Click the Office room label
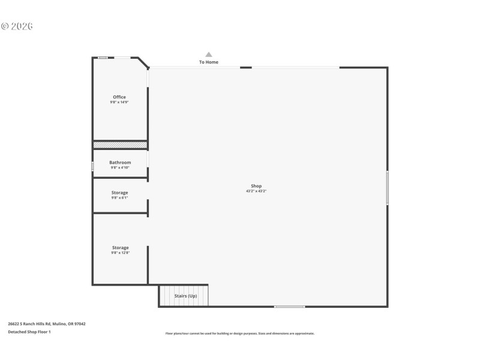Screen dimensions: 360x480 tap(119, 97)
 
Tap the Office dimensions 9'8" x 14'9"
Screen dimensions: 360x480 tap(119, 102)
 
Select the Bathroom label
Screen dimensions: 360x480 tap(120, 163)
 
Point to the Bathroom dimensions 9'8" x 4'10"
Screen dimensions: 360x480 tap(120, 167)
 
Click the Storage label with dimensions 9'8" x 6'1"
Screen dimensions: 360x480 tap(119, 193)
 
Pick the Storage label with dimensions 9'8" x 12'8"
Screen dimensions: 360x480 tap(120, 248)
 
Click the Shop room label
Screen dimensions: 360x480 tap(256, 186)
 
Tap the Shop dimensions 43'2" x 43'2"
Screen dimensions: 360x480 tap(256, 191)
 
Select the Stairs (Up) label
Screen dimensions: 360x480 tap(185, 296)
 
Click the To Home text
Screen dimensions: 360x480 tap(209, 62)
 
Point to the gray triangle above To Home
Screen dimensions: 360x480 tap(209, 55)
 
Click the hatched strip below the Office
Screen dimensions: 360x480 tap(120, 145)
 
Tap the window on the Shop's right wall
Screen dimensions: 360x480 tap(388, 187)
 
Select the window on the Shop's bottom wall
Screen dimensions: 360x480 tap(289, 307)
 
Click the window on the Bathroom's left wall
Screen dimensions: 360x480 tap(92, 166)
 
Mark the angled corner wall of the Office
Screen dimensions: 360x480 tap(143, 63)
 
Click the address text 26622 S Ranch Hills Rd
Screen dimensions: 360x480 tap(47, 324)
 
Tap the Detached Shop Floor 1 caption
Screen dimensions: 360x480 tap(29, 332)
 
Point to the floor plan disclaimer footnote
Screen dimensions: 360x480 tap(240, 334)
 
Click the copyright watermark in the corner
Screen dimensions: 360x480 tap(17, 26)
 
